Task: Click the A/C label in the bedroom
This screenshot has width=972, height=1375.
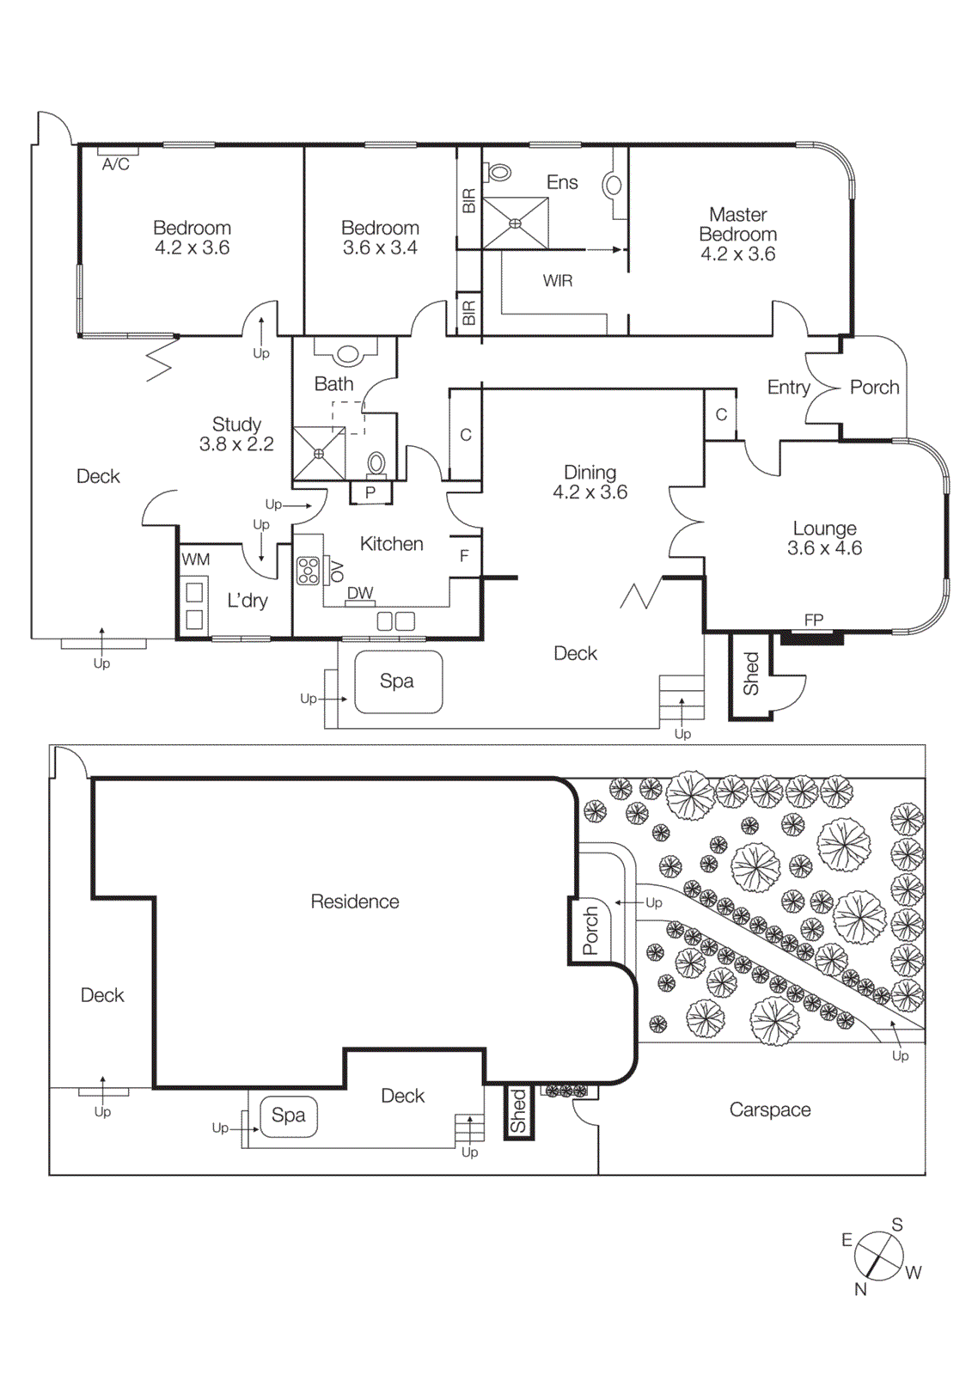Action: click(x=116, y=164)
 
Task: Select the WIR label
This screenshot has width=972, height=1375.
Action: click(x=557, y=281)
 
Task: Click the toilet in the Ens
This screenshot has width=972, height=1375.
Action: click(x=498, y=173)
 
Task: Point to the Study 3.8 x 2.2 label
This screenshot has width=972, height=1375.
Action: click(x=236, y=434)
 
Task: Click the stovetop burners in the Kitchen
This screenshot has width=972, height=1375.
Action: click(x=308, y=571)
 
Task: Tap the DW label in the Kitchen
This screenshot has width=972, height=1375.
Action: click(x=360, y=593)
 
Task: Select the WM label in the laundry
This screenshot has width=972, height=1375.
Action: click(x=196, y=559)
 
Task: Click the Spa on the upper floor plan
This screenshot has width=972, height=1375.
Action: click(x=398, y=681)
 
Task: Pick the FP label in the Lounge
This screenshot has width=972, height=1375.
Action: click(x=814, y=620)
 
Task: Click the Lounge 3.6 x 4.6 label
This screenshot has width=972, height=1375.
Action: click(x=824, y=538)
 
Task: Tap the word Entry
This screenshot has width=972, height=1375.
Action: click(x=788, y=388)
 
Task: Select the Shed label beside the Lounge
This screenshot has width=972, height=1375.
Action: click(x=751, y=674)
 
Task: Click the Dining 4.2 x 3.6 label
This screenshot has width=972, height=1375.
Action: click(x=590, y=482)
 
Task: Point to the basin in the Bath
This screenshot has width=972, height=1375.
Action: click(x=348, y=354)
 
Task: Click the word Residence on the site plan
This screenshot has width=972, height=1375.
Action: click(x=355, y=901)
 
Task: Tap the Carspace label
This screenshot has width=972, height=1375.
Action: click(x=770, y=1109)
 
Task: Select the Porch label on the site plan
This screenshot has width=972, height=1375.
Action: click(x=590, y=931)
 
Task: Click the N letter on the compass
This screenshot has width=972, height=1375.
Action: click(x=860, y=1289)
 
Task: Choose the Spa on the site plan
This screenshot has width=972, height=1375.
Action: click(x=289, y=1115)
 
